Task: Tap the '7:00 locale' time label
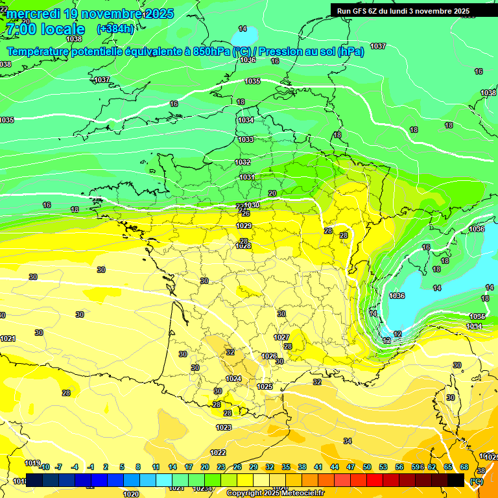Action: coord(45,29)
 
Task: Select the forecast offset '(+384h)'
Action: coord(115,29)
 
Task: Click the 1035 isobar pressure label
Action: coord(252,81)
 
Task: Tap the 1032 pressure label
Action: coord(243,162)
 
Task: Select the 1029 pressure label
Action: coord(244,226)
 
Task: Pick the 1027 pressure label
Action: coord(281,337)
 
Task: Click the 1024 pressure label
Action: coord(233,379)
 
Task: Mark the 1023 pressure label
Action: coord(224,427)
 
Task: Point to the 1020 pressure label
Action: coord(131,493)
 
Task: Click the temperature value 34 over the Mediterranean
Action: coord(348,441)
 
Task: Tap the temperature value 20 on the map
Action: coord(272,193)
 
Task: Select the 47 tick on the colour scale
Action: coord(351,467)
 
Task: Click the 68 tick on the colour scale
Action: coord(464,467)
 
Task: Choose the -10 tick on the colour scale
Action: coord(44,467)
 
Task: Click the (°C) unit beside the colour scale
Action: coord(477,480)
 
